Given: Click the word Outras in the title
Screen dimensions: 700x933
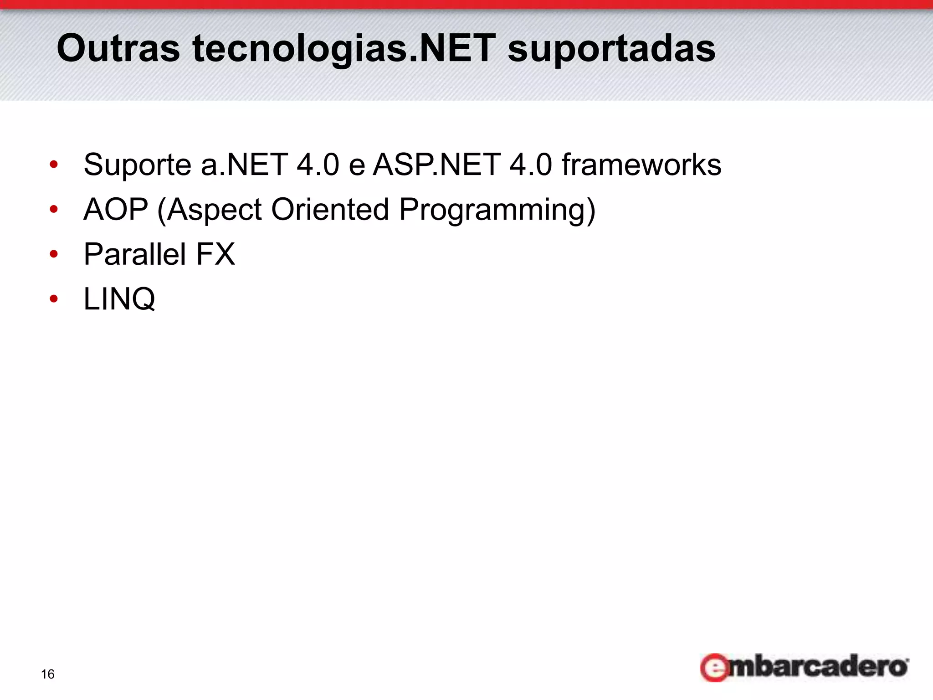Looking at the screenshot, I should (118, 48).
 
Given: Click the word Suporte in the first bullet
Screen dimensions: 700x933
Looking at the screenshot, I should (137, 165).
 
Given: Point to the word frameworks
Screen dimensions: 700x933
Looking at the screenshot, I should (641, 165).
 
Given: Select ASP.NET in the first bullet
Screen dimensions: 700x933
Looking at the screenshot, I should (436, 165).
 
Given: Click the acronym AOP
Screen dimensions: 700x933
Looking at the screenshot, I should (116, 210).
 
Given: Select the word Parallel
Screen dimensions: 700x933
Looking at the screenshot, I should (135, 254).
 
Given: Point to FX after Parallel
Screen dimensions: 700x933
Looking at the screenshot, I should (215, 254).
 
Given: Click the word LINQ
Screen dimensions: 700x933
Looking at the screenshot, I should (119, 299).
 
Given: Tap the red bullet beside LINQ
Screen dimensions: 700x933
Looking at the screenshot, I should (54, 299).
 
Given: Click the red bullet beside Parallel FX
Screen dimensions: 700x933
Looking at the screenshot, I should (54, 254).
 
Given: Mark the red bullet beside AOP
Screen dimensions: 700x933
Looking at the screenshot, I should (54, 210).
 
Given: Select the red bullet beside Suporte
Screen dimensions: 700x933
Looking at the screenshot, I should (54, 165).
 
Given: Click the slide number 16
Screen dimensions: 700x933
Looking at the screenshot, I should (47, 674).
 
